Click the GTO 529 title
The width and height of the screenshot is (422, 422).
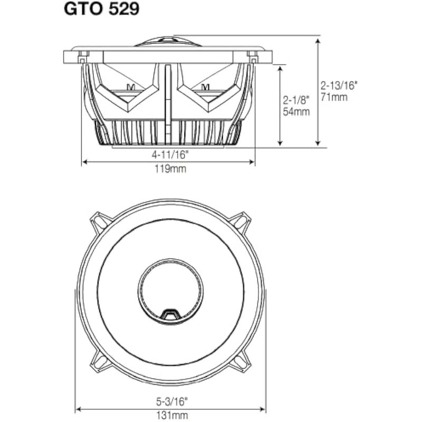[x=102, y=8]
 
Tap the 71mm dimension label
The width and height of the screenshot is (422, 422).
[x=334, y=97]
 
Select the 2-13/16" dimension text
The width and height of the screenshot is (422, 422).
[x=339, y=85]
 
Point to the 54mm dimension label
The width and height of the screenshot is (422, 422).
[x=296, y=111]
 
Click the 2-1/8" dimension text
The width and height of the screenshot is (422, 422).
[x=295, y=100]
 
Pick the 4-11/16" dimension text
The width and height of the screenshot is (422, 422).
[x=170, y=155]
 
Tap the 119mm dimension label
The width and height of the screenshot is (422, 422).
[x=170, y=169]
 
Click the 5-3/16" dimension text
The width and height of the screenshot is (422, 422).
[x=172, y=402]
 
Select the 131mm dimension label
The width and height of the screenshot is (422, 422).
[x=172, y=415]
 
